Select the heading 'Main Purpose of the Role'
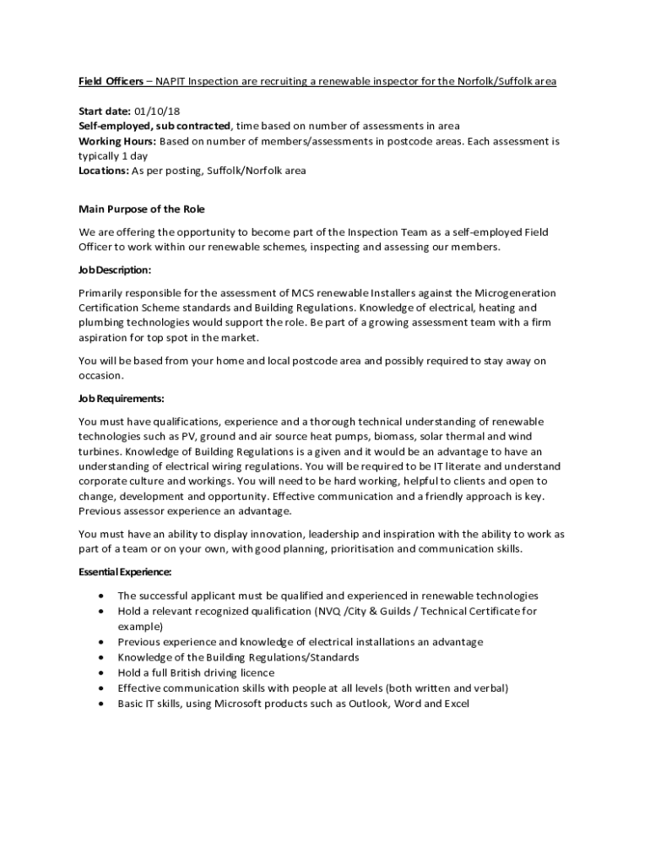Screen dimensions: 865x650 142,209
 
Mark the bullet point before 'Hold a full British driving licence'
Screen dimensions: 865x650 101,673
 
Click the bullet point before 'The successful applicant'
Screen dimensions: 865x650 101,596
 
